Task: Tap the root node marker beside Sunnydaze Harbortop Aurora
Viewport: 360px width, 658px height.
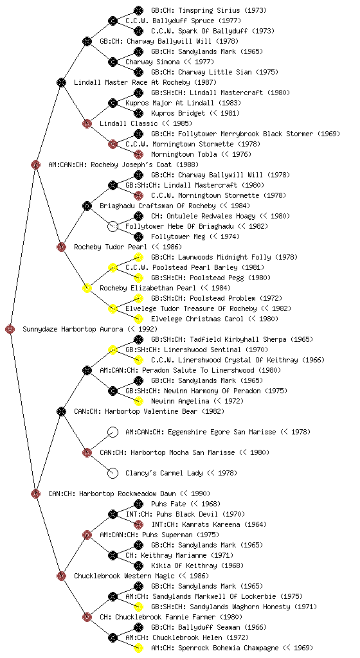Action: pos(10,330)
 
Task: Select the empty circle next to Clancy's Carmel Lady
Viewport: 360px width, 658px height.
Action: pos(113,474)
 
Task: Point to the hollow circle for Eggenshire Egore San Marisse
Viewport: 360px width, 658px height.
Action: pos(113,432)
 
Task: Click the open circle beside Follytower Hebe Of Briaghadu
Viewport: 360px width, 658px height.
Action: pos(113,227)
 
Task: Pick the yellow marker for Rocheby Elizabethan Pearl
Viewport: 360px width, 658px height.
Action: pos(87,289)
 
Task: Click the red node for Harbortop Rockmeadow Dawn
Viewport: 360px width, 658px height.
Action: pos(35,494)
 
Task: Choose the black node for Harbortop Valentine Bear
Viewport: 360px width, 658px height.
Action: pos(61,412)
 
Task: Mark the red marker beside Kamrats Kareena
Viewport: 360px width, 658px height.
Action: pos(138,524)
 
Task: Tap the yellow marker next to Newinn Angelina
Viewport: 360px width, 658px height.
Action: pos(138,401)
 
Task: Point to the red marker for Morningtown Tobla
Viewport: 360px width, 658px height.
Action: pos(138,154)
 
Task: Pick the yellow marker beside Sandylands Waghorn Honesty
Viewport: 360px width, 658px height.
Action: pos(138,607)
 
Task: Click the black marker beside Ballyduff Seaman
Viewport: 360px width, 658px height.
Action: pos(138,627)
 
